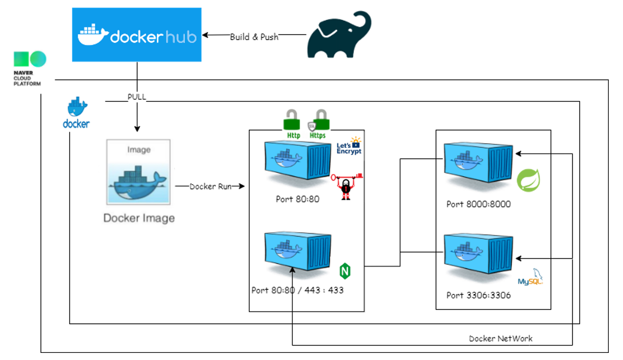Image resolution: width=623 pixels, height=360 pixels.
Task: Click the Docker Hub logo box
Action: [x=136, y=35]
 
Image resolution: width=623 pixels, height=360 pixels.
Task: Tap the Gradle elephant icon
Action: [x=339, y=35]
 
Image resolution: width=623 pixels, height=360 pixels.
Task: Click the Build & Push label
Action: [x=254, y=37]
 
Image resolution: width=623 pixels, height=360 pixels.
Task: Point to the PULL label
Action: [x=137, y=97]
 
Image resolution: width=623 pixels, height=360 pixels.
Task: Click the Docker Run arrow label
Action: [x=210, y=186]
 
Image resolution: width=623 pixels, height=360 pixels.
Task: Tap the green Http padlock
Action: [x=292, y=121]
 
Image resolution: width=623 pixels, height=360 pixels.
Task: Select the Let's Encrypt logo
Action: [x=349, y=146]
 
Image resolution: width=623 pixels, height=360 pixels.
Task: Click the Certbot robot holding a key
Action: [x=347, y=187]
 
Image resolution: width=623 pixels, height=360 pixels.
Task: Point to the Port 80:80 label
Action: [x=297, y=199]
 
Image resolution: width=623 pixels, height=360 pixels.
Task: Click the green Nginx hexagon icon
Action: [x=345, y=271]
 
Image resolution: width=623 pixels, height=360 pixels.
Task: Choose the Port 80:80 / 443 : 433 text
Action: [x=297, y=290]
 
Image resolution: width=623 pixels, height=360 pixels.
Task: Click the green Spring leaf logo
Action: [x=528, y=180]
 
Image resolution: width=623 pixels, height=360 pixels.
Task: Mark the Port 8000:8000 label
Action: [x=478, y=204]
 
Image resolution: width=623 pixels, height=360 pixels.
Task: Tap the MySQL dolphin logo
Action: [x=530, y=278]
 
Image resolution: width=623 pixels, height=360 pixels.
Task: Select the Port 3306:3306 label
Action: [x=478, y=295]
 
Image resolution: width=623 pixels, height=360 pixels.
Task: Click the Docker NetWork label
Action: [x=500, y=338]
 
